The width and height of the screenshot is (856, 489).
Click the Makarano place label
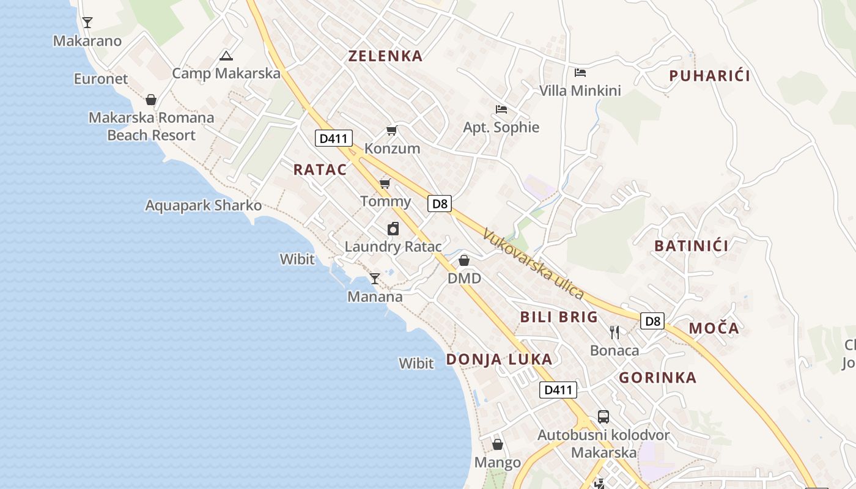(x=87, y=41)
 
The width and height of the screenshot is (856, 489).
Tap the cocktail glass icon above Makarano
(x=87, y=23)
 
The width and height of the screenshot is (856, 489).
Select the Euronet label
(x=101, y=79)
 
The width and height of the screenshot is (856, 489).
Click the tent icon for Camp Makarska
(x=226, y=56)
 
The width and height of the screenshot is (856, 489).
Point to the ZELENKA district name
(x=385, y=56)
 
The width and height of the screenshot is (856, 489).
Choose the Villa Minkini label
(x=580, y=91)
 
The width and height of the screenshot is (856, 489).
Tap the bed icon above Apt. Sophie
(x=501, y=109)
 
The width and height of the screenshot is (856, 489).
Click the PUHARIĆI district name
(x=709, y=76)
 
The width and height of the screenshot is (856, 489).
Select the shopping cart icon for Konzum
(x=392, y=130)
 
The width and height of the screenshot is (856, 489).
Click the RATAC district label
(x=320, y=170)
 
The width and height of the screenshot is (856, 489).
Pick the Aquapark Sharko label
(x=203, y=205)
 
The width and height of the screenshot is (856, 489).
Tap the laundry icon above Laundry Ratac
(x=393, y=229)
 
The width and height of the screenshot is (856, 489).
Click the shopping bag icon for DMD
(x=464, y=261)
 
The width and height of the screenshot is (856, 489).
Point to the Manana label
(x=375, y=297)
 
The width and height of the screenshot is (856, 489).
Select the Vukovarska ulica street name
(x=533, y=263)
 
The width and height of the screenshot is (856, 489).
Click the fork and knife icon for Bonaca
(x=614, y=333)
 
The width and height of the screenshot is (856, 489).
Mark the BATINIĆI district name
(x=691, y=246)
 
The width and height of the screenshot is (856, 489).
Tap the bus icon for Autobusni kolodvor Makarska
(x=603, y=417)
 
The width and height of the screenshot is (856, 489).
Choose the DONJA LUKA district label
(x=499, y=359)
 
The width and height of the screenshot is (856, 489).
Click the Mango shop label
(x=498, y=463)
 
